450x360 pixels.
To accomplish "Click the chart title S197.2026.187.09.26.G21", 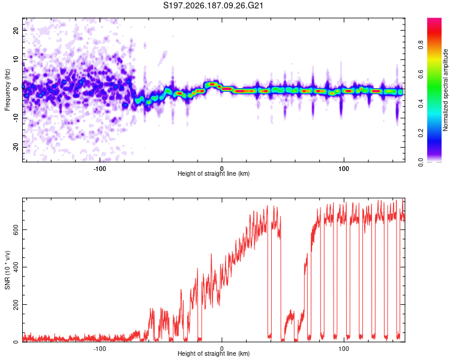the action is click(213, 5).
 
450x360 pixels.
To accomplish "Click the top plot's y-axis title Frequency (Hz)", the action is click(7, 90).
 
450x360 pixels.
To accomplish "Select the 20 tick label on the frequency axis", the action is click(16, 30).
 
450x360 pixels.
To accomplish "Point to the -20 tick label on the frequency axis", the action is click(16, 147).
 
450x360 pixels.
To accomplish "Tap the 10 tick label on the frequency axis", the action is click(16, 59).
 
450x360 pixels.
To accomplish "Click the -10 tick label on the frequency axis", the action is click(16, 118).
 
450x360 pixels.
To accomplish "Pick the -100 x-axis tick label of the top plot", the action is click(100, 169).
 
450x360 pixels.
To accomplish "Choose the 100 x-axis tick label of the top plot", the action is click(344, 169).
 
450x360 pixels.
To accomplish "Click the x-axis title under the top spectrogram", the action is click(214, 173).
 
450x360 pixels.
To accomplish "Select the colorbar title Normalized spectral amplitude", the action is click(445, 90).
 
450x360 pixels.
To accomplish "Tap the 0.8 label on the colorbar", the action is click(421, 45).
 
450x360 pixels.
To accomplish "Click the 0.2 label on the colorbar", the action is click(421, 133).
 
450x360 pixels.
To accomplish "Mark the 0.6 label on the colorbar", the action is click(421, 74).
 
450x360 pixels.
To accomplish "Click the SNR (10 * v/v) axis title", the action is click(7, 270).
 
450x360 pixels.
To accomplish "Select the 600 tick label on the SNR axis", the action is click(16, 230).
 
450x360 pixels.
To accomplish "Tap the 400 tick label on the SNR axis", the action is click(16, 267).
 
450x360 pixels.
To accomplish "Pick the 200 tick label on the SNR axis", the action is click(16, 305).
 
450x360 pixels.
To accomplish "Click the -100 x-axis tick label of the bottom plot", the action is click(100, 349).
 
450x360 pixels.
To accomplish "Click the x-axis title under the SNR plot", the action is click(214, 353).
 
